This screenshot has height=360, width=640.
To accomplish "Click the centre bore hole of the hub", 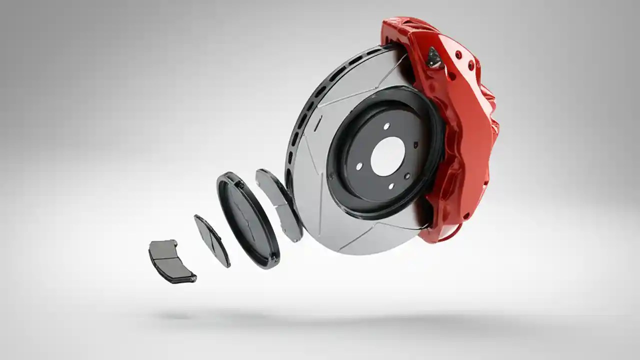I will click(x=387, y=156).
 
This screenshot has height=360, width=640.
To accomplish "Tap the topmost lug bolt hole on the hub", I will click(x=386, y=126).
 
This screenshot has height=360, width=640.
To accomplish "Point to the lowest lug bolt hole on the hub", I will click(x=390, y=186).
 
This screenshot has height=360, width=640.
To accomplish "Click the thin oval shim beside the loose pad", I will click(x=212, y=240).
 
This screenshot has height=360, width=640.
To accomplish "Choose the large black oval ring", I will click(x=247, y=220).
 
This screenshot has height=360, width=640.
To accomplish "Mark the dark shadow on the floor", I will click(x=320, y=317).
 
